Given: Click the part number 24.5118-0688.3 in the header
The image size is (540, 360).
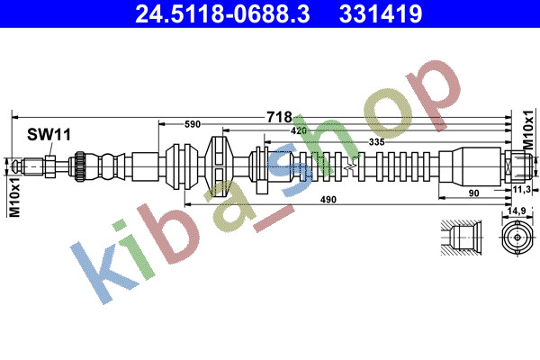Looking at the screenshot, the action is pyautogui.click(x=222, y=13).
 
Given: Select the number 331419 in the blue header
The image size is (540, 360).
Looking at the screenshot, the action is pyautogui.click(x=381, y=13).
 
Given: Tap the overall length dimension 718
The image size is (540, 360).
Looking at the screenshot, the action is pyautogui.click(x=279, y=117).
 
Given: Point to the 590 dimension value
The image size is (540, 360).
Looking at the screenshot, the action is pyautogui.click(x=193, y=124).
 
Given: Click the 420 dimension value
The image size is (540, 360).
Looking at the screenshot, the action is pyautogui.click(x=299, y=130).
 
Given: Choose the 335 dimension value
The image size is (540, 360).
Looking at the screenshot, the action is pyautogui.click(x=376, y=142).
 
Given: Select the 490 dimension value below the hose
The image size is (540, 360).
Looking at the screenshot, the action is pyautogui.click(x=328, y=200).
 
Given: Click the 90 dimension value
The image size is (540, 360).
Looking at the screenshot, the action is pyautogui.click(x=474, y=193).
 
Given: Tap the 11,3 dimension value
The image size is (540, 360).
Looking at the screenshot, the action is pyautogui.click(x=521, y=189).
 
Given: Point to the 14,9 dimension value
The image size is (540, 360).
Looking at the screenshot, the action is pyautogui.click(x=517, y=211).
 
